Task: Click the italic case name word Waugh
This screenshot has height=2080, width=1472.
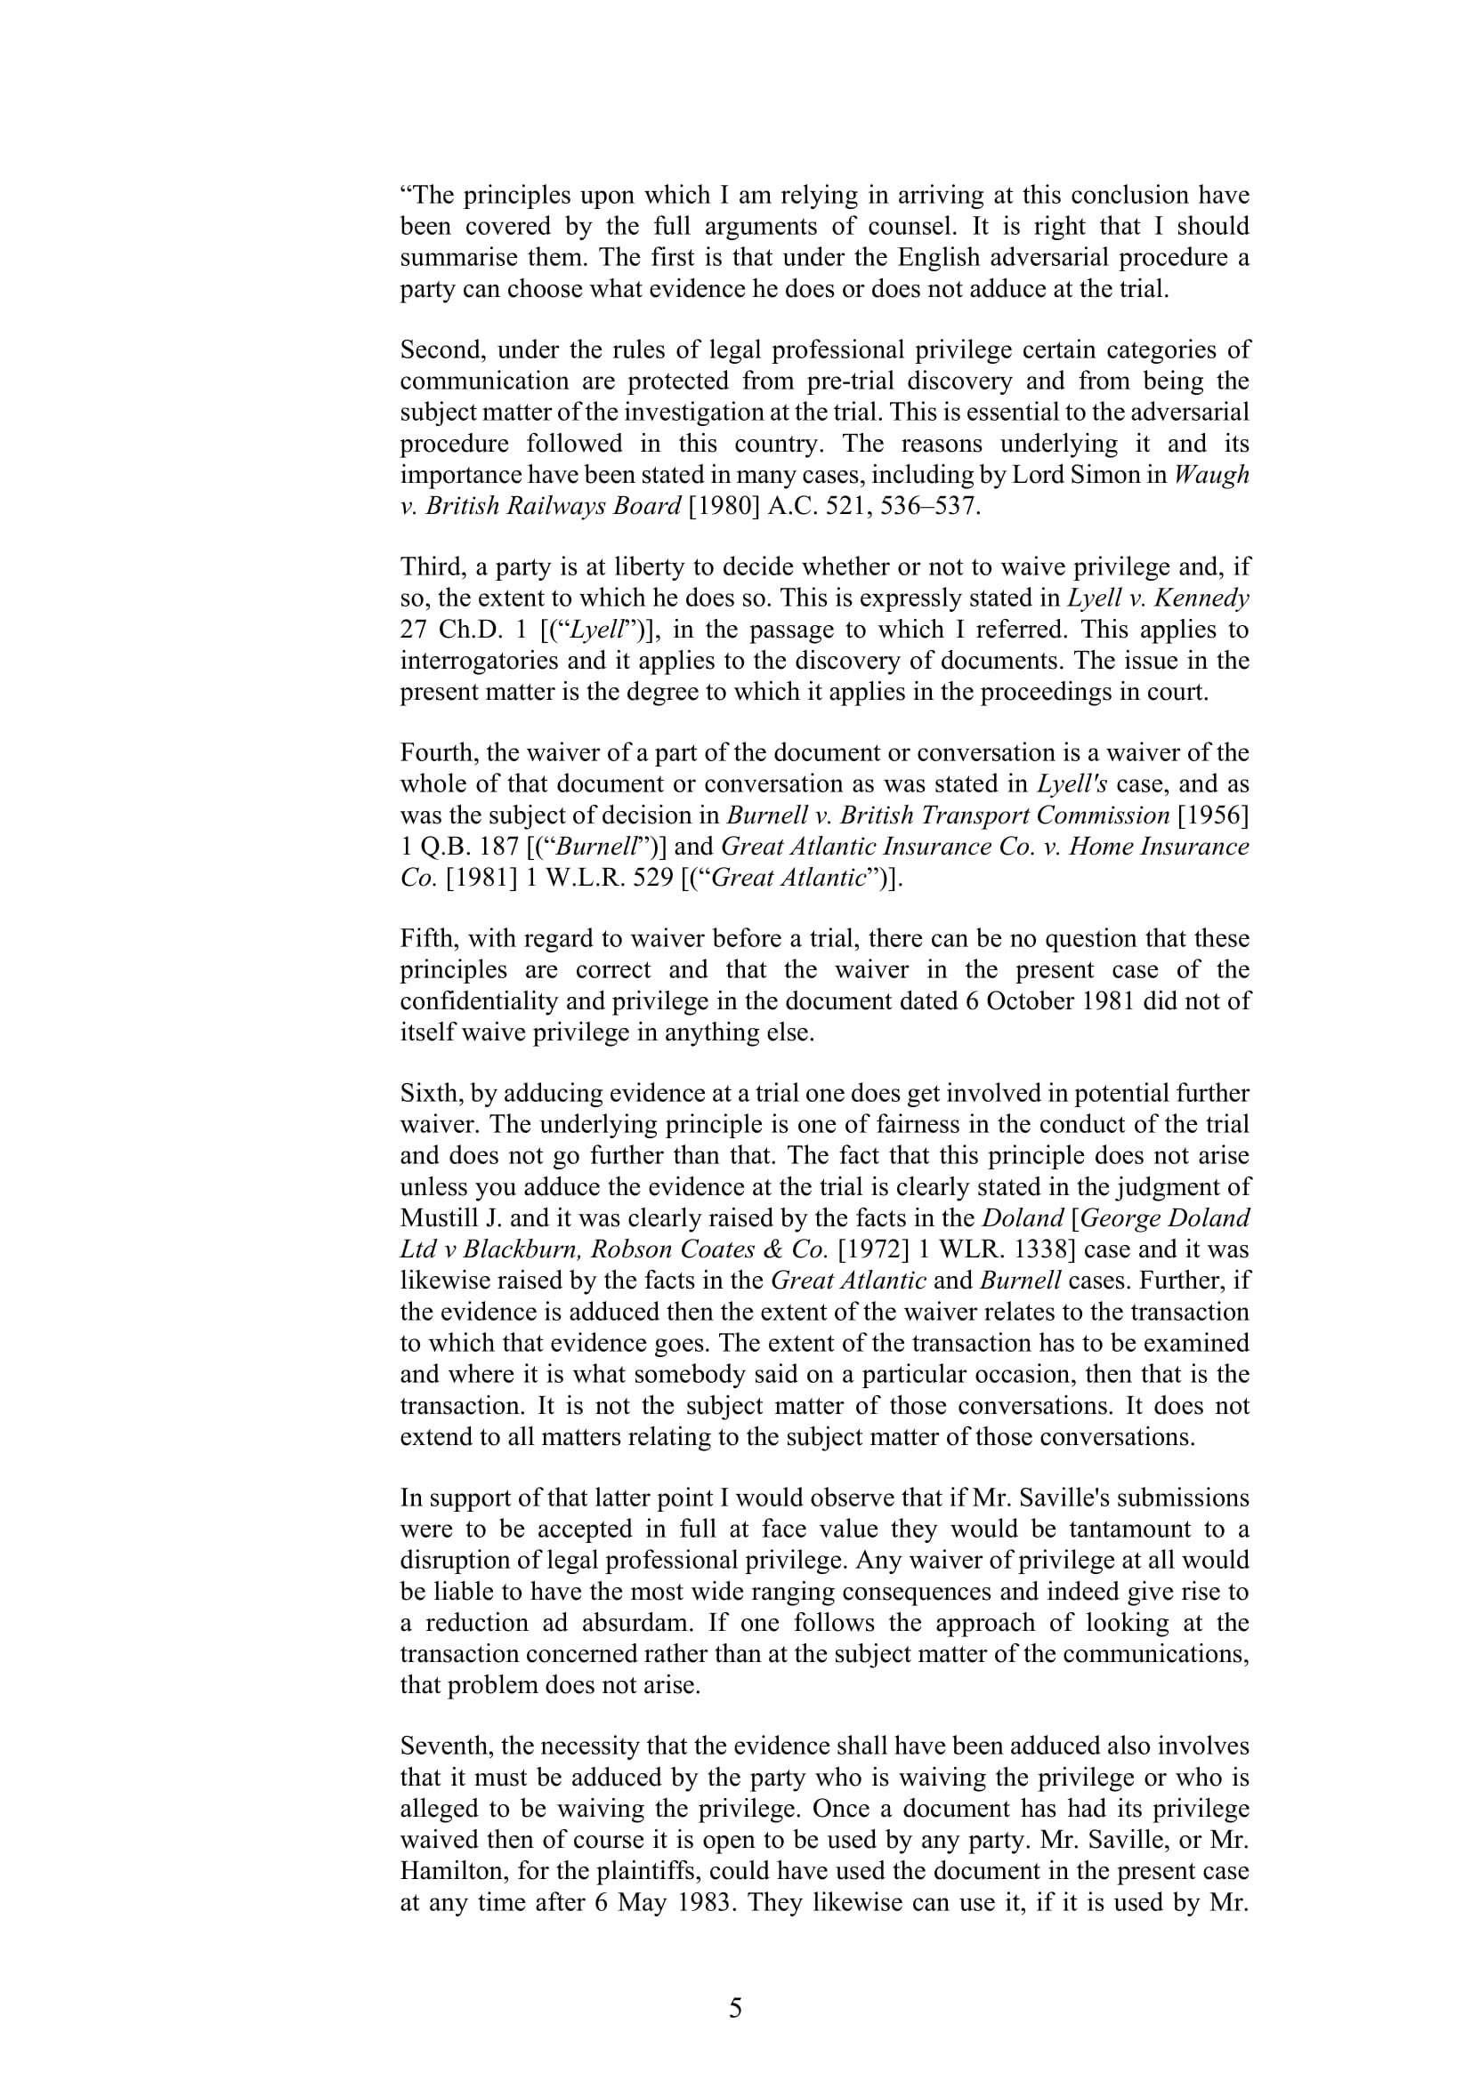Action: click(x=1211, y=475)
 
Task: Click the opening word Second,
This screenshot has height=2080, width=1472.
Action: click(x=441, y=350)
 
